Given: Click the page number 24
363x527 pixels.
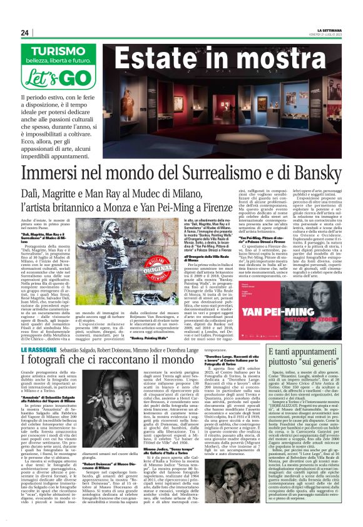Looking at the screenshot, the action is [25, 33].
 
